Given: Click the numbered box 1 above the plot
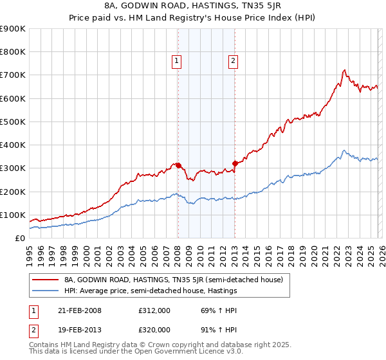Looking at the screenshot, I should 176,61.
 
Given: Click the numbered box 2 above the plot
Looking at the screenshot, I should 232,61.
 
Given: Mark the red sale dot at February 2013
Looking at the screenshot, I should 235,163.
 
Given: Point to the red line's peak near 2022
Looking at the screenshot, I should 345,70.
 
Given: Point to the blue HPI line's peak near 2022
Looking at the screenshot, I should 344,151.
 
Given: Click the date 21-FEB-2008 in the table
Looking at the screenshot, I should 78,310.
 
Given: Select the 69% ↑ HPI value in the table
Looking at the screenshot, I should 210,310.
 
